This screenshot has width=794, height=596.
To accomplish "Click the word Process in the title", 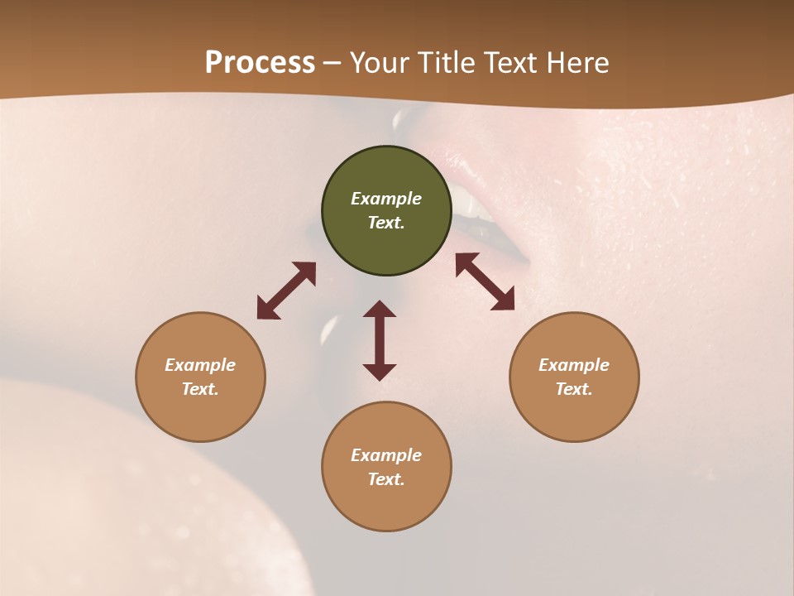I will click(x=260, y=63).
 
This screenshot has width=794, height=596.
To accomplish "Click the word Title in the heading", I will click(x=447, y=63).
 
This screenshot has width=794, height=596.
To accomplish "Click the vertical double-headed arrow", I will click(x=380, y=340).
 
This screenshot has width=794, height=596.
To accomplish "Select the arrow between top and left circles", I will click(x=286, y=291).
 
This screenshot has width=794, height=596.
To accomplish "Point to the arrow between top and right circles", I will click(x=485, y=281).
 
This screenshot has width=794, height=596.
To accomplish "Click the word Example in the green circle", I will click(x=386, y=199).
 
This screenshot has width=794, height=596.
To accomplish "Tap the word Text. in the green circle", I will click(x=386, y=223).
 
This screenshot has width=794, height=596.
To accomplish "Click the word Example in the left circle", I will click(x=200, y=365).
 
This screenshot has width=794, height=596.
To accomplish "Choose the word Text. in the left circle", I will click(x=200, y=389).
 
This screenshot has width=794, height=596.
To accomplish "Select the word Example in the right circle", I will click(x=574, y=365).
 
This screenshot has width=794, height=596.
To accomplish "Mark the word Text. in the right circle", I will click(x=574, y=389).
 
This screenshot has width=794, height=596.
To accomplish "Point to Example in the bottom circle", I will click(x=386, y=455).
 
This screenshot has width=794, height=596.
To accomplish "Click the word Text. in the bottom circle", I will click(x=386, y=479).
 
